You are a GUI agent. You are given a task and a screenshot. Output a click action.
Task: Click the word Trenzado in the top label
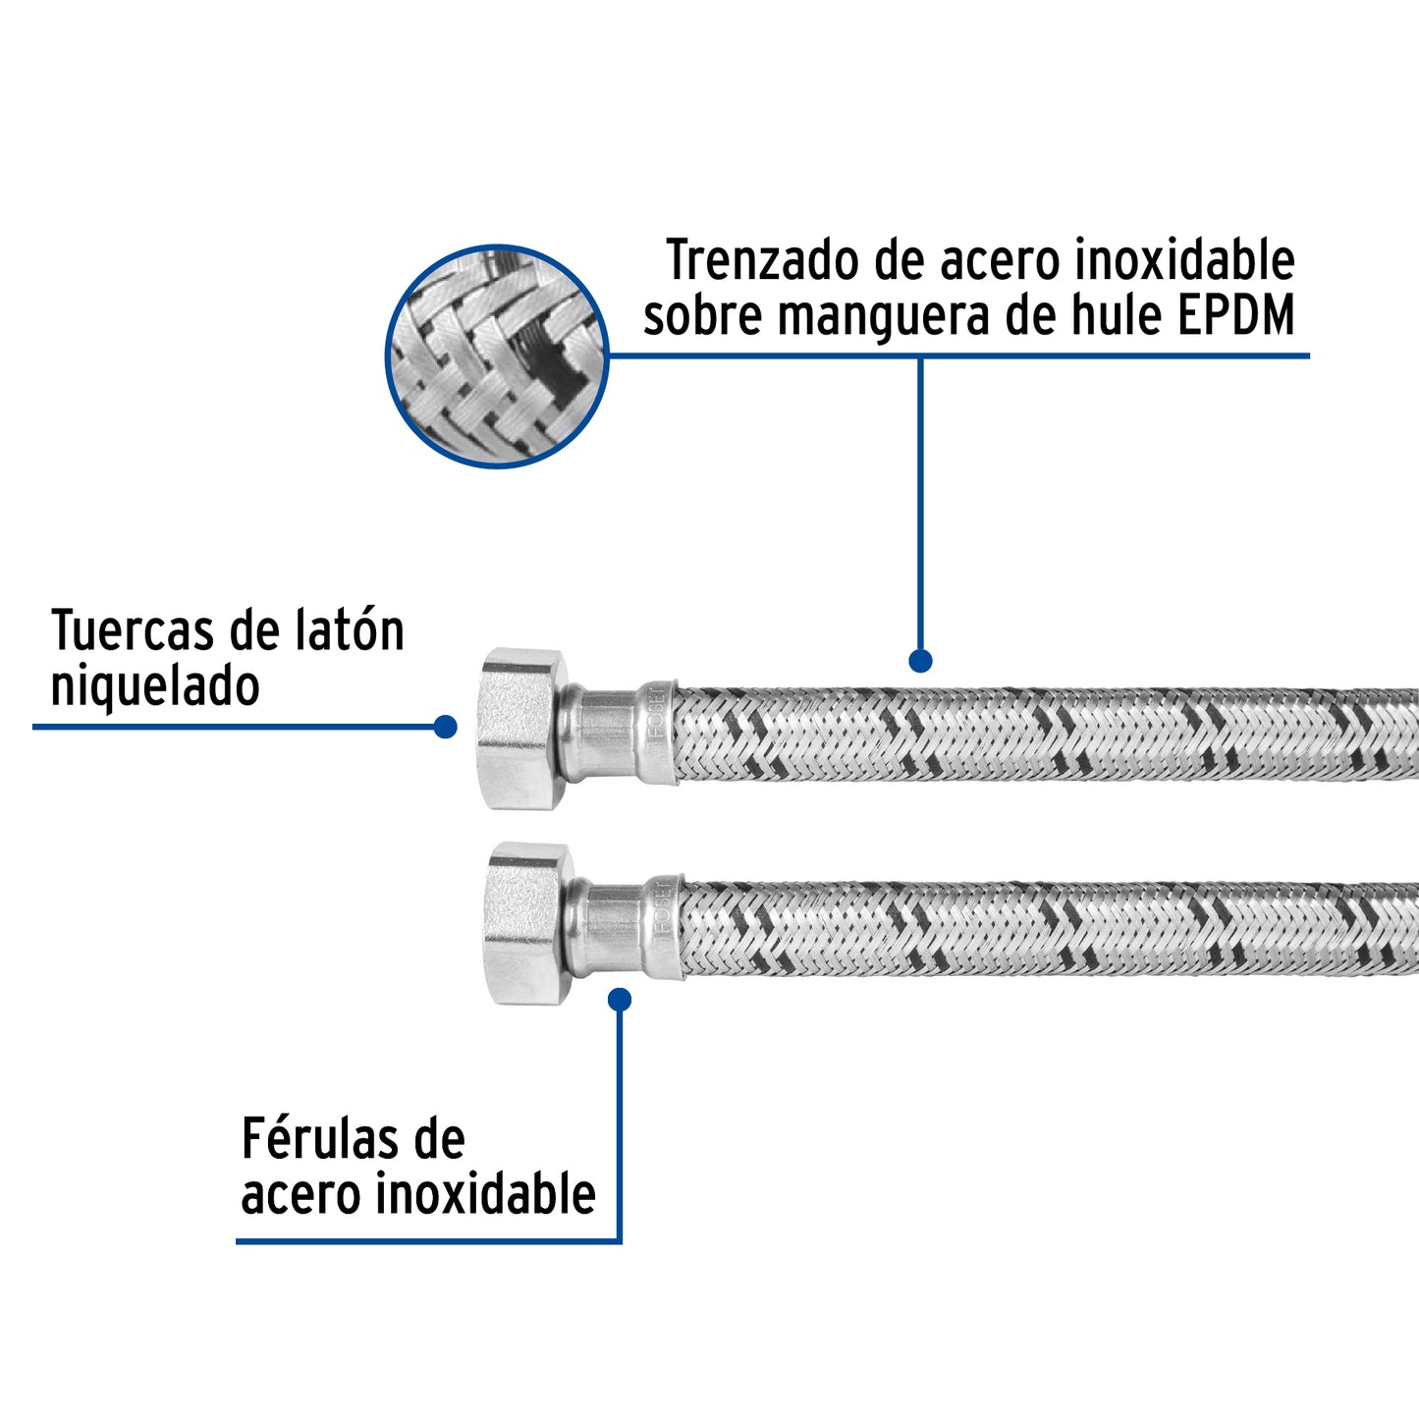click(x=749, y=262)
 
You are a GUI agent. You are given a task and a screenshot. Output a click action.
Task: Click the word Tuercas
click(x=130, y=631)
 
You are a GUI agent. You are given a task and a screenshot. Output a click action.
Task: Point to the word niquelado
click(x=155, y=686)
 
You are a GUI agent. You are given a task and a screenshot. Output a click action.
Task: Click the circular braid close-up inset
click(x=497, y=356)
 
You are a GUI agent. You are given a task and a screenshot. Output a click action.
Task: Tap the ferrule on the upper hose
click(x=656, y=733)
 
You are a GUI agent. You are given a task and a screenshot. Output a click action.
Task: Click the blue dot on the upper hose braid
click(x=920, y=661)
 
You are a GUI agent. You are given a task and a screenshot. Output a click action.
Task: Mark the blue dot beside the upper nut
click(x=445, y=727)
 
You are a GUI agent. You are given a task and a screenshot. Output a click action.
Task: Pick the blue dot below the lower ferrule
click(x=620, y=1000)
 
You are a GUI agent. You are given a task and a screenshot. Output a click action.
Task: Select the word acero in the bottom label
click(x=301, y=1195)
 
